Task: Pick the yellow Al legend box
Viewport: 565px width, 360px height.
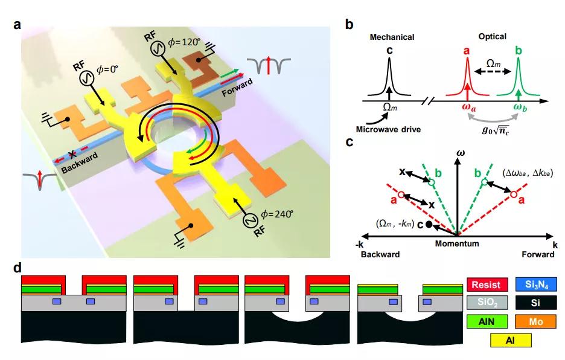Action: [x=510, y=341]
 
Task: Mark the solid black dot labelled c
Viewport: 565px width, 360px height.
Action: [x=428, y=225]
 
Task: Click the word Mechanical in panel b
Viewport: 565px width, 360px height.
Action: [x=390, y=37]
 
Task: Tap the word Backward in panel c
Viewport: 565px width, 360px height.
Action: [x=380, y=255]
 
